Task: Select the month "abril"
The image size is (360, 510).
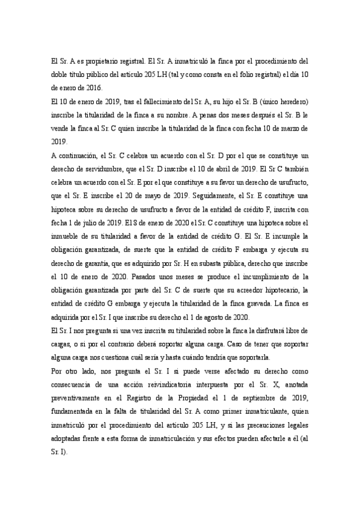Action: (226, 168)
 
